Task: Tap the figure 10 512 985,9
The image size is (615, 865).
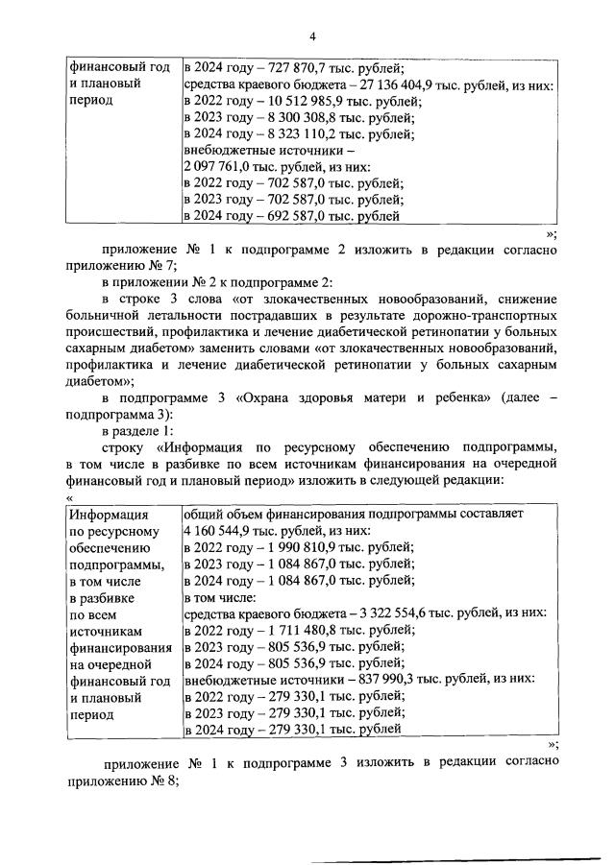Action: coord(283,102)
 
